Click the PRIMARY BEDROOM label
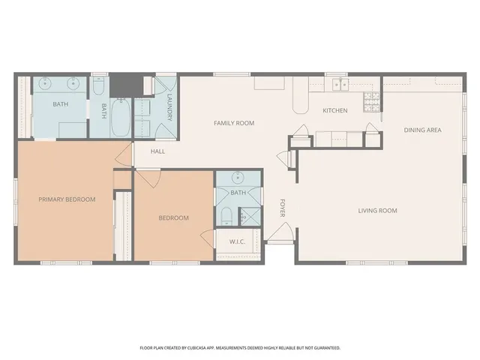(x=67, y=199)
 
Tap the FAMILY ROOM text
(x=234, y=123)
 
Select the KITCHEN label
(x=334, y=111)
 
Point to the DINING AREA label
(x=422, y=130)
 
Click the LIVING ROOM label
(x=377, y=211)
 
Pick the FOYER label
(x=283, y=208)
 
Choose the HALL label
(x=157, y=151)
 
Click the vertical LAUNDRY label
(x=170, y=108)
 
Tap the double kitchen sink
(x=341, y=85)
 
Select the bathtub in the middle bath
(x=121, y=118)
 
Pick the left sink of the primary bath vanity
(x=46, y=82)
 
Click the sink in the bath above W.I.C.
(x=238, y=178)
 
